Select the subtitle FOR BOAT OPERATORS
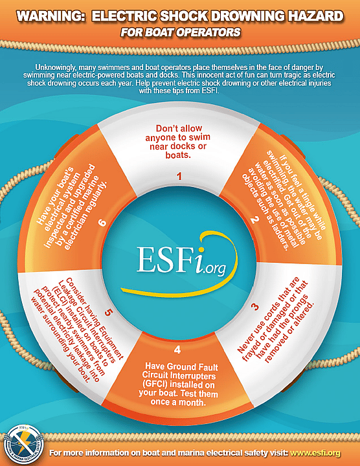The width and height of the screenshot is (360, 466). click(180, 32)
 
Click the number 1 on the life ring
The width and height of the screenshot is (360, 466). click(179, 176)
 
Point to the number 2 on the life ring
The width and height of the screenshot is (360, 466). click(254, 220)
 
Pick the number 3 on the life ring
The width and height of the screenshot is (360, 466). click(255, 306)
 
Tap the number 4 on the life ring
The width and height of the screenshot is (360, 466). click(177, 349)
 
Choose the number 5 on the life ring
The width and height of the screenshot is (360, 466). click(108, 313)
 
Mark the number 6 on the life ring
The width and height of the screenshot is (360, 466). click(102, 222)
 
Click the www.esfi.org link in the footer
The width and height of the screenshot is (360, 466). click(315, 453)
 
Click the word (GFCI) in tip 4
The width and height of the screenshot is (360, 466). click(155, 384)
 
